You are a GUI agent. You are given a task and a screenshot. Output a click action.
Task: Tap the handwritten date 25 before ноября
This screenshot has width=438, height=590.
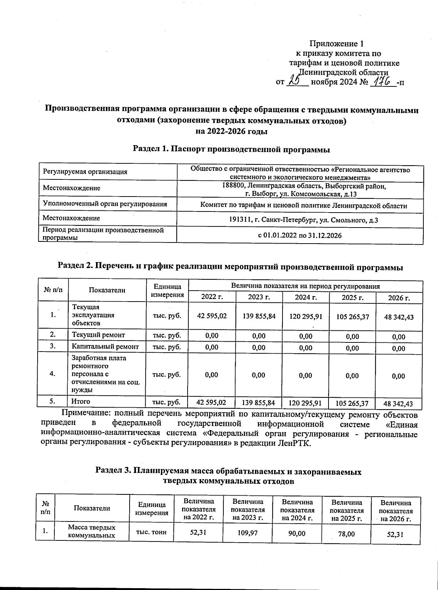295,80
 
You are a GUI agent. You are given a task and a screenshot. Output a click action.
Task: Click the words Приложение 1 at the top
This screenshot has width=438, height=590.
337,44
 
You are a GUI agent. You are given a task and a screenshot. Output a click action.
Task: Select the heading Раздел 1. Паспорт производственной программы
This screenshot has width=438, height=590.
231,149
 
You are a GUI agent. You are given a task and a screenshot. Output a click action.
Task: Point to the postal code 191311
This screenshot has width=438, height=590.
239,220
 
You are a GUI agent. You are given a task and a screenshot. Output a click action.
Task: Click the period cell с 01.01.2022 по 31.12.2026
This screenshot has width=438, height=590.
300,236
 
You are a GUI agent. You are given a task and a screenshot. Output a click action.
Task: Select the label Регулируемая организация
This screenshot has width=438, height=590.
85,172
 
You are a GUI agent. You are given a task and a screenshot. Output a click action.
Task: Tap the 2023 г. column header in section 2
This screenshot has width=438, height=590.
259,297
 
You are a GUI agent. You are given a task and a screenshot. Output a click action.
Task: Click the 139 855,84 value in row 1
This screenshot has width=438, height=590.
259,316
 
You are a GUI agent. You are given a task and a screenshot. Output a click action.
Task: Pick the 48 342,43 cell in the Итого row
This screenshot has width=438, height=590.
399,404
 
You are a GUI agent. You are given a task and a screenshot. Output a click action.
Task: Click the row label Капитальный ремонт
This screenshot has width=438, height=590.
105,347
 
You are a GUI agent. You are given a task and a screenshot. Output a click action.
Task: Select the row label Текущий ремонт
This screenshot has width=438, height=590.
99,335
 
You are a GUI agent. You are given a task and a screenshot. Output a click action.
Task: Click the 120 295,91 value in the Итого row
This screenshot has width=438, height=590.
305,403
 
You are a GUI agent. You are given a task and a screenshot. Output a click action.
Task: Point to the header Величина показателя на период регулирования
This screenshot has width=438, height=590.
305,286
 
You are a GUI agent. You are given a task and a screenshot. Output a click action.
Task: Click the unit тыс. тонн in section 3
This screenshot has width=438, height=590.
151,532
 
